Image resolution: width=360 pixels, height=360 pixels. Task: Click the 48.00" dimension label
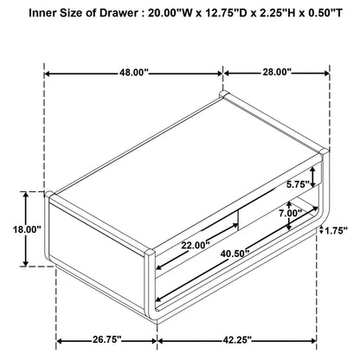tap(134, 73)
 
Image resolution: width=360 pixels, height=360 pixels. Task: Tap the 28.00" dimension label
tap(277, 72)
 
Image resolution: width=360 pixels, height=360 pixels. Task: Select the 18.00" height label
tap(27, 229)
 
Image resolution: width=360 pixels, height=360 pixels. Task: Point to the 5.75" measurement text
tap(298, 184)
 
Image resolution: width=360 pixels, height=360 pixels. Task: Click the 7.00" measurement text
tap(290, 213)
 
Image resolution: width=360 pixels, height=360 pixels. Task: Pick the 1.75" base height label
tap(336, 230)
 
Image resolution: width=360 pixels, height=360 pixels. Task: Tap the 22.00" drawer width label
tap(196, 246)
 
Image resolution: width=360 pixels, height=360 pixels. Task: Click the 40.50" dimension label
tap(235, 254)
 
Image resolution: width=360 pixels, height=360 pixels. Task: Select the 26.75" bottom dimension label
tap(106, 339)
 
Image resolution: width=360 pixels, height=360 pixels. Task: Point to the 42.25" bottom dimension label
tap(237, 340)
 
